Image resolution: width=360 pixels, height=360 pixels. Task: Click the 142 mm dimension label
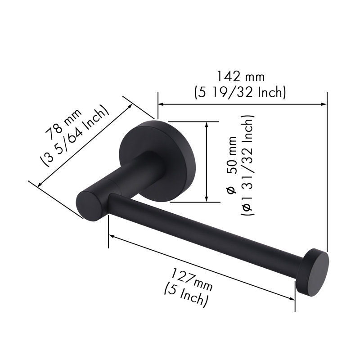point(241,76)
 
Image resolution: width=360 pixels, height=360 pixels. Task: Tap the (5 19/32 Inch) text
point(240,92)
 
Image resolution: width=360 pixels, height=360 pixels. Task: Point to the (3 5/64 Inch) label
point(74,136)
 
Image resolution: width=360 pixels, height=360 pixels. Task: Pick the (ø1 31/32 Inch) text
point(247,165)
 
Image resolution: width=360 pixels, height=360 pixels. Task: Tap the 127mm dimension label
point(192,279)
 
